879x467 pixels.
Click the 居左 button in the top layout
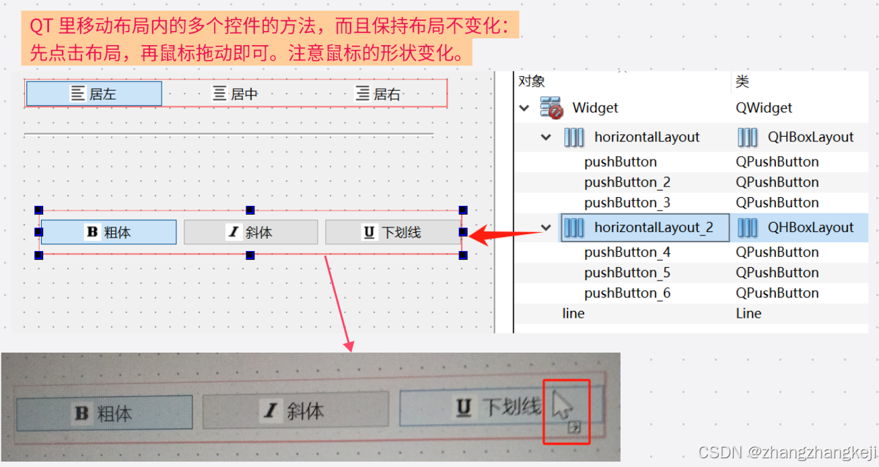click(x=94, y=94)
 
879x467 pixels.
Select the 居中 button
click(x=236, y=94)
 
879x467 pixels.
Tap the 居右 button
click(x=378, y=94)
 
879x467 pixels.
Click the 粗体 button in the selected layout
click(x=108, y=233)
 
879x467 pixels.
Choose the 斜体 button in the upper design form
click(x=250, y=233)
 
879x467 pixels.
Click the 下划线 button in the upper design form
click(x=392, y=233)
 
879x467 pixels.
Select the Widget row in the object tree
click(x=595, y=108)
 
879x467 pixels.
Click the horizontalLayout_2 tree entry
click(x=653, y=227)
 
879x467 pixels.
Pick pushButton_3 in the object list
click(x=627, y=203)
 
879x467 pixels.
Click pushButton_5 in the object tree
click(x=627, y=273)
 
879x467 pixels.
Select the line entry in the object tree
click(x=573, y=314)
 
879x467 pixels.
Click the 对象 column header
click(x=532, y=81)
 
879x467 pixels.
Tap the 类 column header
click(x=742, y=81)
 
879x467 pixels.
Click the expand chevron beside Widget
click(x=524, y=108)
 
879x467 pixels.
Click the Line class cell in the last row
click(x=748, y=314)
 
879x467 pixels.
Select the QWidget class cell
click(x=764, y=108)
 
